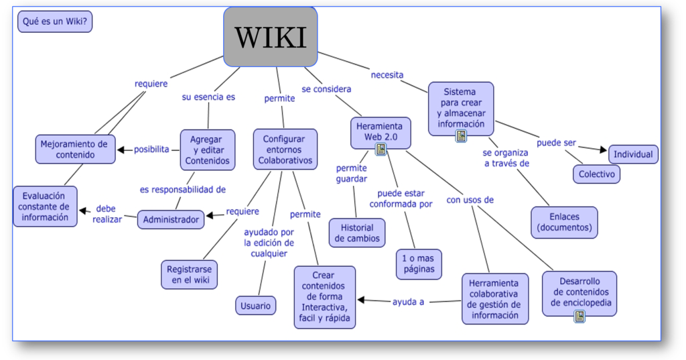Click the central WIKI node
coord(270,37)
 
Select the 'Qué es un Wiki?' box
coord(55,21)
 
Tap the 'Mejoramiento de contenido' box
coord(74,149)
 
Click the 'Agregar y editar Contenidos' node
coord(207,149)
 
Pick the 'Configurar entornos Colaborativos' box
coord(284,149)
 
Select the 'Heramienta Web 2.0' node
coord(379,131)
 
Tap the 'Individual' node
coord(632,154)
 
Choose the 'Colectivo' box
coord(596,174)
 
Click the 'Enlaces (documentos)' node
coord(564,222)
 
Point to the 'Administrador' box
coord(171,219)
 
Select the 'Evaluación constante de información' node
coord(44,206)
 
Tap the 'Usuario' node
coord(255,306)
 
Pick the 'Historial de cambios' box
coord(357,233)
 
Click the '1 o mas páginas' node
coord(419,263)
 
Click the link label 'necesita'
coord(387,75)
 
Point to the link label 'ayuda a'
coord(408,302)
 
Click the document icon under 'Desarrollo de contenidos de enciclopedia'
coord(579,316)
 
